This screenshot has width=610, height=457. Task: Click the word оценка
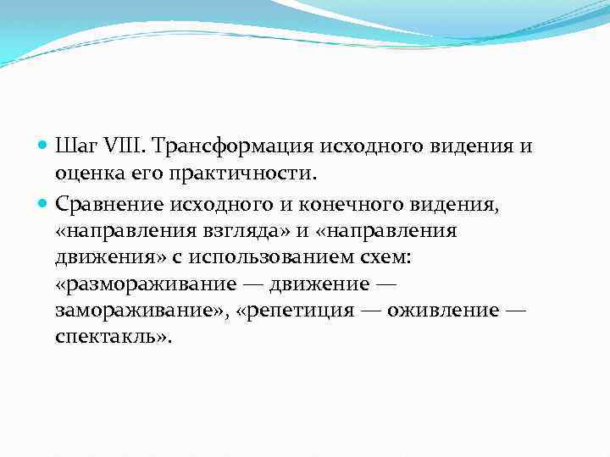click(84, 174)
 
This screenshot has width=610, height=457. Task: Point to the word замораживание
click(135, 312)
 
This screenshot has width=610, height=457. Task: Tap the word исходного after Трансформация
click(365, 146)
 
